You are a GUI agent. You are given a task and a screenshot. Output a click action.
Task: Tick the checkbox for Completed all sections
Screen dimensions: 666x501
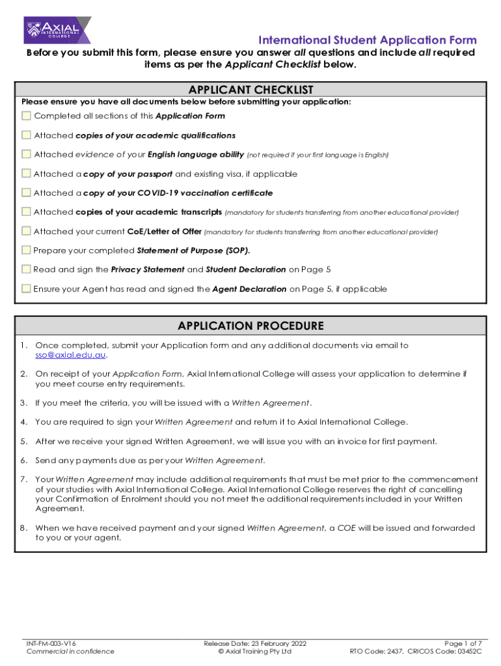[26, 116]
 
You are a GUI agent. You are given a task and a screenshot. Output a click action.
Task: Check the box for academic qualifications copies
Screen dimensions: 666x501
[26, 135]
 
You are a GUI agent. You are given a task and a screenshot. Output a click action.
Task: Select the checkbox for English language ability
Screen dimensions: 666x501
[26, 154]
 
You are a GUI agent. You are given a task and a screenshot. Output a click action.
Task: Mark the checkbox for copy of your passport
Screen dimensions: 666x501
[26, 174]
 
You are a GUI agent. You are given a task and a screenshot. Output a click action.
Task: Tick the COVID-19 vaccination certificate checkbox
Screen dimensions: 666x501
[26, 193]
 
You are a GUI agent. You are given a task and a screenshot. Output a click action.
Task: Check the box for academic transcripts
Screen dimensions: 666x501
[26, 212]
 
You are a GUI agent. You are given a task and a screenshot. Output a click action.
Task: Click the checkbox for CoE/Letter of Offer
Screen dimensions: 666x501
[26, 231]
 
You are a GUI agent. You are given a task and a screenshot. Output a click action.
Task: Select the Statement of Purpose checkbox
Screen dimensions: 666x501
[26, 250]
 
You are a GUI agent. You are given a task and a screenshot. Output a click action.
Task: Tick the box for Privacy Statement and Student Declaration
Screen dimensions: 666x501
[26, 269]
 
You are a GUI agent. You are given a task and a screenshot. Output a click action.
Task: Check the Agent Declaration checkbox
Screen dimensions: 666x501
[26, 288]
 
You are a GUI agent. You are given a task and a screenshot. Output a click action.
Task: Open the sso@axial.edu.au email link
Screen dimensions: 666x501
[71, 355]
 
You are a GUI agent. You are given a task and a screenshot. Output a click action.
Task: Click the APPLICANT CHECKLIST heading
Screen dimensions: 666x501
[251, 90]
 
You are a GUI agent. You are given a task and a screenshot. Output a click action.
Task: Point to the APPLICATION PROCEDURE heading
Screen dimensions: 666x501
[251, 326]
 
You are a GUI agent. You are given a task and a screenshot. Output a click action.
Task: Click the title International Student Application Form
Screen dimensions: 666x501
[368, 40]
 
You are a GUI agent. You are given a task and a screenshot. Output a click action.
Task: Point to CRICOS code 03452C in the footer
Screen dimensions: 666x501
[465, 651]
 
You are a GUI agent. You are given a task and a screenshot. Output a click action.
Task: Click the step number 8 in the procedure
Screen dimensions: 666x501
[23, 528]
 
